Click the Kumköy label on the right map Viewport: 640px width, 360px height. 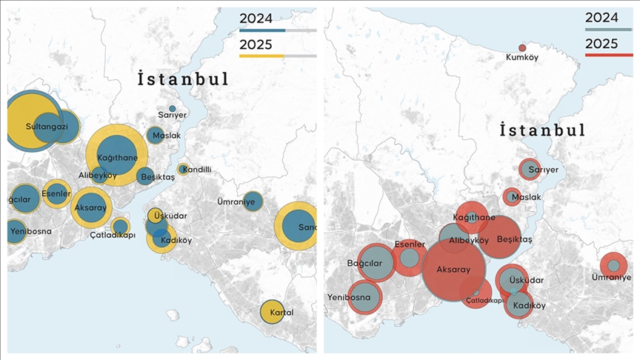[521, 57]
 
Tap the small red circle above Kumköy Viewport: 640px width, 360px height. [522, 47]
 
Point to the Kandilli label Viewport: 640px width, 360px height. [197, 170]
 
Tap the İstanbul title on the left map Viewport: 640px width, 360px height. [182, 79]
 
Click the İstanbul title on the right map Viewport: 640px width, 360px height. [542, 130]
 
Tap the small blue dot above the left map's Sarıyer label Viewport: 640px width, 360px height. [173, 109]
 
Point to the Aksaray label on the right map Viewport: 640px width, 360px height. [454, 270]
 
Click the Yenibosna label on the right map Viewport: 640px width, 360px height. [349, 298]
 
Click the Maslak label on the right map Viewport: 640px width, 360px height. [526, 198]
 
